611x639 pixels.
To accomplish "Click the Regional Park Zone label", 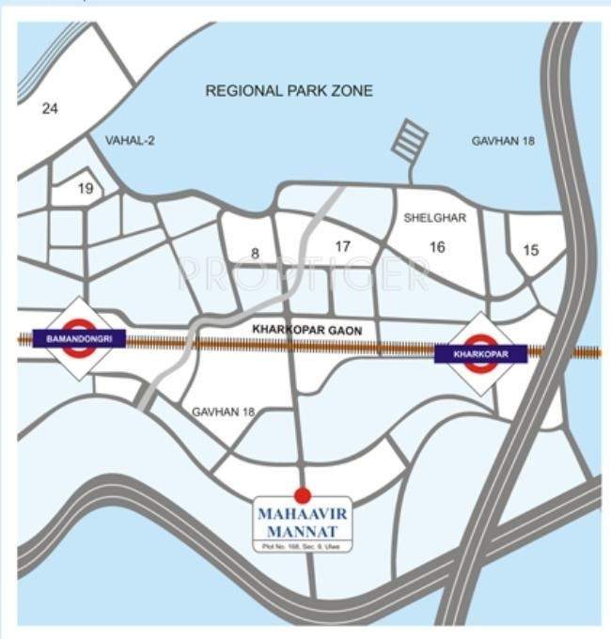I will (290, 91).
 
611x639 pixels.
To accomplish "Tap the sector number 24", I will (50, 109).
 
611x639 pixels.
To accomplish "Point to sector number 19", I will (86, 189).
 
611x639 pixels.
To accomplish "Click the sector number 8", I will (254, 252).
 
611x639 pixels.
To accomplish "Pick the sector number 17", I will (342, 246).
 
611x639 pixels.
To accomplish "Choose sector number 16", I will (436, 246).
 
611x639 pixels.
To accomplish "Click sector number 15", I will (531, 249).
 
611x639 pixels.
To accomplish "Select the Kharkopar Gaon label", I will (314, 331).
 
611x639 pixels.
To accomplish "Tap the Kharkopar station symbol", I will (480, 353).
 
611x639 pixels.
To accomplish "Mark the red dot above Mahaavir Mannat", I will (302, 494).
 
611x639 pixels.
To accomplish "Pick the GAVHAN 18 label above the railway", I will (502, 140).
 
